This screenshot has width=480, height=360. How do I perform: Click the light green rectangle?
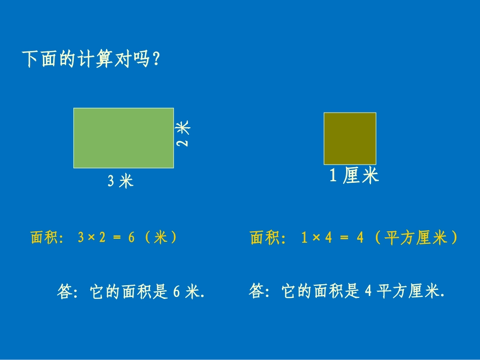click(x=123, y=137)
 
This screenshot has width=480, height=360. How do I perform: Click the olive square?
click(x=350, y=138)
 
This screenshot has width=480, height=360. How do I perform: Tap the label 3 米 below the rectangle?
click(x=120, y=181)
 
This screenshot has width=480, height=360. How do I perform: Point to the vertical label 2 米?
click(x=183, y=133)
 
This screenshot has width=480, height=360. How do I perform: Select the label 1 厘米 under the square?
click(x=354, y=176)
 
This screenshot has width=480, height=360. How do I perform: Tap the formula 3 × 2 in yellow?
click(x=91, y=238)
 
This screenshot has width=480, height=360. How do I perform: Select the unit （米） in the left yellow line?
click(x=161, y=238)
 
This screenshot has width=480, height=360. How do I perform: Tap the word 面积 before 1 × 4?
click(x=265, y=238)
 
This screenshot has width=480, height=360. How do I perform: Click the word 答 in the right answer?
click(x=257, y=291)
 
